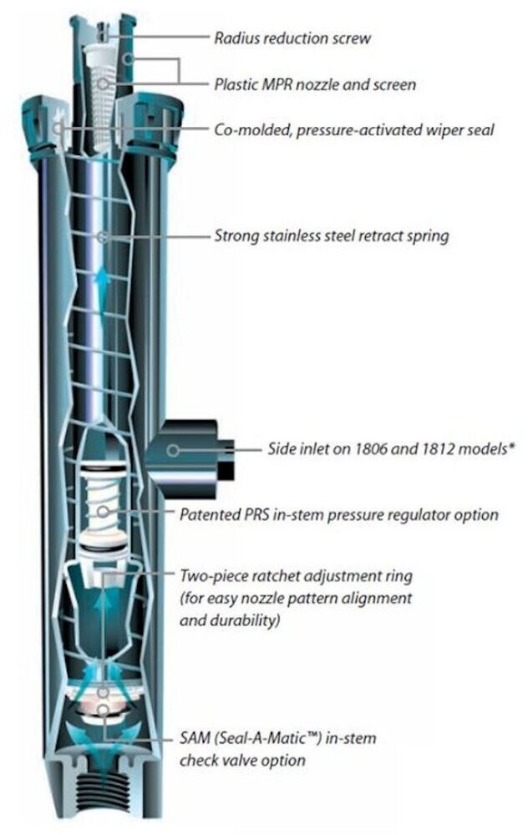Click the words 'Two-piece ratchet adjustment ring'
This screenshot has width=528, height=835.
pos(296,576)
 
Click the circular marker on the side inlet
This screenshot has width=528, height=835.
pos(173,451)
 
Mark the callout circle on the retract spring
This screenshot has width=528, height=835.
pos(101,236)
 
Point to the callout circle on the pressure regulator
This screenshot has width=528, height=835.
pos(104,511)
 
